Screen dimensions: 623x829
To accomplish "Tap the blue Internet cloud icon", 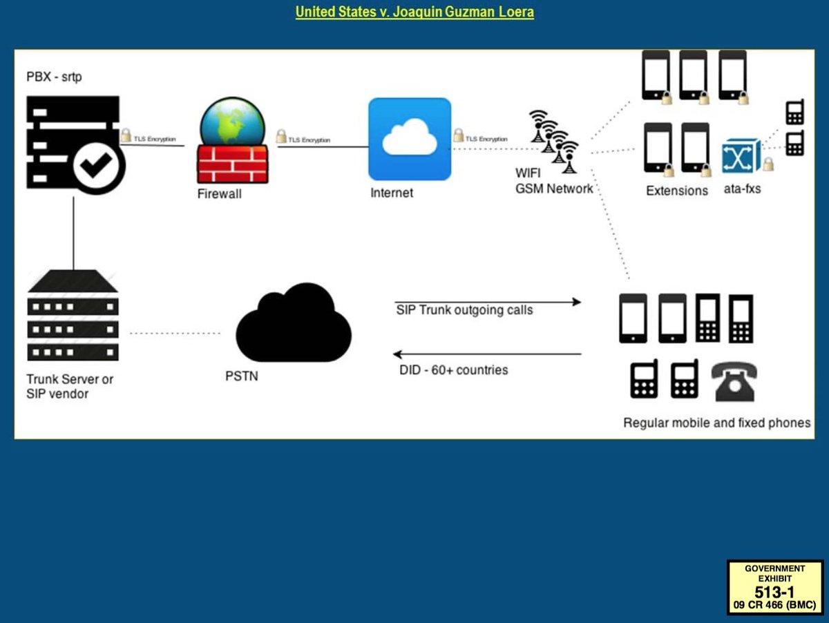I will pyautogui.click(x=409, y=139).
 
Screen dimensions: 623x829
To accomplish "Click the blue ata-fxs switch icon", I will pyautogui.click(x=741, y=155).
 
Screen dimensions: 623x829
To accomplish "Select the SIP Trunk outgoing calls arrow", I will pyautogui.click(x=487, y=302).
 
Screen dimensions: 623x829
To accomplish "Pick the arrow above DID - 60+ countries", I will pyautogui.click(x=487, y=354).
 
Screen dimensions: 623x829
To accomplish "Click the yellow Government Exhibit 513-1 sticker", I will pyautogui.click(x=774, y=586).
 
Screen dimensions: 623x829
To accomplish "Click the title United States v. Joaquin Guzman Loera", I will pyautogui.click(x=414, y=12).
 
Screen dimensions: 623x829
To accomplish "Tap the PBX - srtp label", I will pyautogui.click(x=54, y=77).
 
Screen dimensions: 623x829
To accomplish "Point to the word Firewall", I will pyautogui.click(x=219, y=194).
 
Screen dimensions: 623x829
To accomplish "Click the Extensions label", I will pyautogui.click(x=677, y=191).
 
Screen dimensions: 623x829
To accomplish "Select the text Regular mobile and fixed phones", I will pyautogui.click(x=716, y=423).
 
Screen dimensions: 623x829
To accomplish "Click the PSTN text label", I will pyautogui.click(x=242, y=376).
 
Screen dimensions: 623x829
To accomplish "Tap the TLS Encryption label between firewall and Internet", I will pyautogui.click(x=308, y=140).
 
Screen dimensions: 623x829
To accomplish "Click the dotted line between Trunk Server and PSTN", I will pyautogui.click(x=174, y=334).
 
